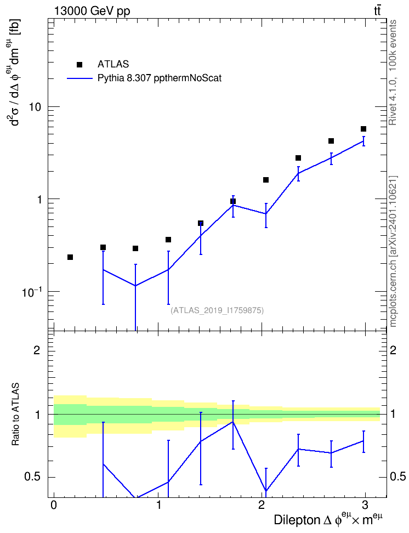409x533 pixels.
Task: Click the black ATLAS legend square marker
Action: tap(79, 65)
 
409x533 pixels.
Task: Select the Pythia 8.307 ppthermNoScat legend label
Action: tap(160, 78)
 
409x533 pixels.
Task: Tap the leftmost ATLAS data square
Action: tap(70, 257)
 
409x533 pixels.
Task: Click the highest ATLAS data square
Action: tap(363, 129)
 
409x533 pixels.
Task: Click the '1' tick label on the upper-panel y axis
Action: tap(39, 200)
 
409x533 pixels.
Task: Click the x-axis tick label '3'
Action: tap(365, 505)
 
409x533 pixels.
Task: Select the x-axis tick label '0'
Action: tap(54, 505)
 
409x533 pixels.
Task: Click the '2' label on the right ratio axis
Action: tap(393, 350)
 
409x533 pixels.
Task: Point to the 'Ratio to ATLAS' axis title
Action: tap(16, 414)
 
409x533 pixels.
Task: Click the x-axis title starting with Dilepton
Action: tap(328, 519)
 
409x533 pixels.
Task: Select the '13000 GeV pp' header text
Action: tap(92, 11)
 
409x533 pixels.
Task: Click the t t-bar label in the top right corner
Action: tap(377, 10)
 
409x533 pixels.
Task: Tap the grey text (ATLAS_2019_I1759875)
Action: tap(217, 310)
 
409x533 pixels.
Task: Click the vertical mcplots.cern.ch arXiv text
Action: tap(393, 251)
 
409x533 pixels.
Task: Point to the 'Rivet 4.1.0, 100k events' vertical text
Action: tap(393, 72)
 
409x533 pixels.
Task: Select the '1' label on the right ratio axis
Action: tap(393, 414)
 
